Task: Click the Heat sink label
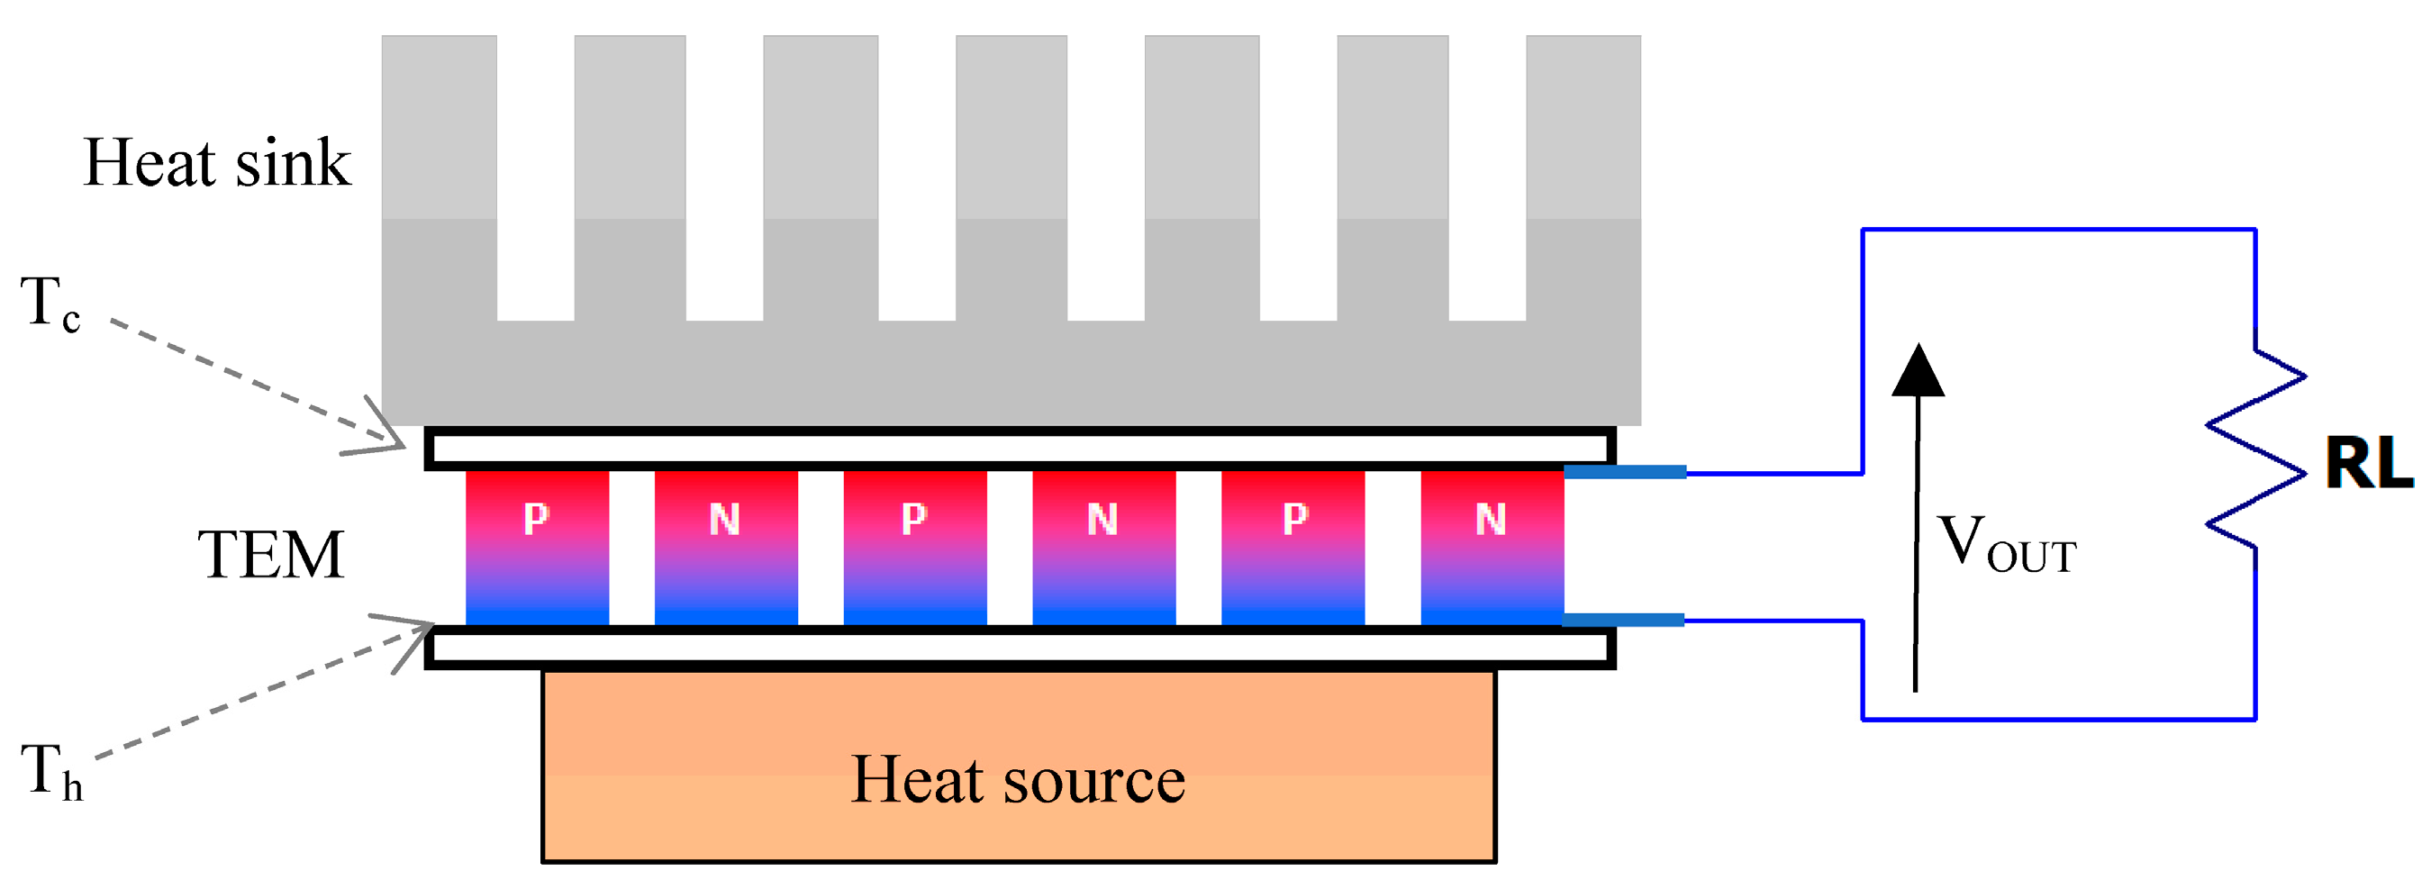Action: click(x=217, y=163)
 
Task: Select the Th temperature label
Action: click(x=52, y=772)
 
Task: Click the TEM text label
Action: click(x=271, y=555)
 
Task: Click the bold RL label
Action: click(x=2369, y=465)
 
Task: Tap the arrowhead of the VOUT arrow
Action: click(x=1918, y=371)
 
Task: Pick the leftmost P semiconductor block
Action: click(x=537, y=548)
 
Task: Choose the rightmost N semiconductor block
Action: click(x=1492, y=548)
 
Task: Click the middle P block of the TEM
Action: click(x=914, y=548)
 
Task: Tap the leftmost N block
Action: click(x=726, y=548)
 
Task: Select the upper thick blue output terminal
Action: click(x=1624, y=472)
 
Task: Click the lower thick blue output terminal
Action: click(x=1623, y=620)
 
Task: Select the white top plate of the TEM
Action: click(x=1020, y=448)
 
